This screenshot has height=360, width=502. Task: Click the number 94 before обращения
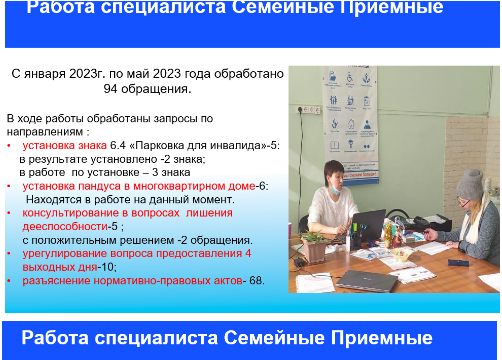tap(110, 89)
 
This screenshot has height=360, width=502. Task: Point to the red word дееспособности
tap(65, 227)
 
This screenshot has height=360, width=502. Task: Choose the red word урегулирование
tap(64, 254)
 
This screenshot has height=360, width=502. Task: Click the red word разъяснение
tap(56, 281)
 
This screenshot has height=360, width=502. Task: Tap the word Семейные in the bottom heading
tap(274, 338)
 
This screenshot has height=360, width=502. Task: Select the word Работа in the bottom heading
tap(55, 338)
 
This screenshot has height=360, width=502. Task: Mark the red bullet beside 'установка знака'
tap(9, 146)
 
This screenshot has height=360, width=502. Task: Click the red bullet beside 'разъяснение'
tap(9, 281)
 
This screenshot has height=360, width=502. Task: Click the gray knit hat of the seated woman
tap(470, 184)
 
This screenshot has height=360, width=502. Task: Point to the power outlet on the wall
tap(309, 109)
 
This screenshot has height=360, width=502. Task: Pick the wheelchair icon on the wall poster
tap(350, 78)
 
